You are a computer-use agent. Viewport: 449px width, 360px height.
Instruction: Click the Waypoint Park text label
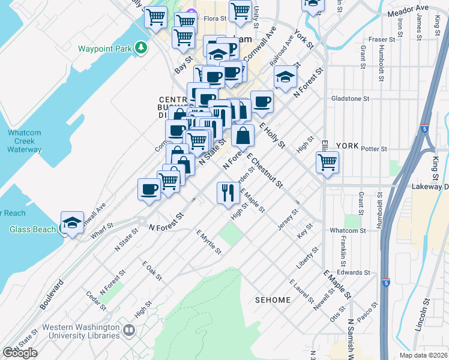(x=104, y=49)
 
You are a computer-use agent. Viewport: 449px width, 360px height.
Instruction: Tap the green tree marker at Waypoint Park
(x=141, y=47)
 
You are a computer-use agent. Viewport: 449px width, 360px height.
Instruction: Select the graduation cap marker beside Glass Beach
(x=72, y=223)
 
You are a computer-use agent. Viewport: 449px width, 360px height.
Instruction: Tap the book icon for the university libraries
(x=129, y=330)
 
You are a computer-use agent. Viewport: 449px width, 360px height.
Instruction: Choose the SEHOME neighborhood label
(x=273, y=299)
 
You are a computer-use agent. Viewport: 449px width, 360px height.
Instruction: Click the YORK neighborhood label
(x=347, y=146)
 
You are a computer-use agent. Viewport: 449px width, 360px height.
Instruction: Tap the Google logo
(x=20, y=353)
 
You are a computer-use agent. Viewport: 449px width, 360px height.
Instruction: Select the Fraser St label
(x=382, y=40)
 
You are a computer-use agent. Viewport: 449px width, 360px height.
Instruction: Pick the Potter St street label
(x=374, y=149)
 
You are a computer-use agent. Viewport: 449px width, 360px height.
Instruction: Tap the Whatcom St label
(x=348, y=230)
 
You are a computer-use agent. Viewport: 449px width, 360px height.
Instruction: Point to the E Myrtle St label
(x=209, y=242)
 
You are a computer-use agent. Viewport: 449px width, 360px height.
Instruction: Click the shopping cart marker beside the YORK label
(x=327, y=162)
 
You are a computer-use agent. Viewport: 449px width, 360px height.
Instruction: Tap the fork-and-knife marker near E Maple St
(x=228, y=193)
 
